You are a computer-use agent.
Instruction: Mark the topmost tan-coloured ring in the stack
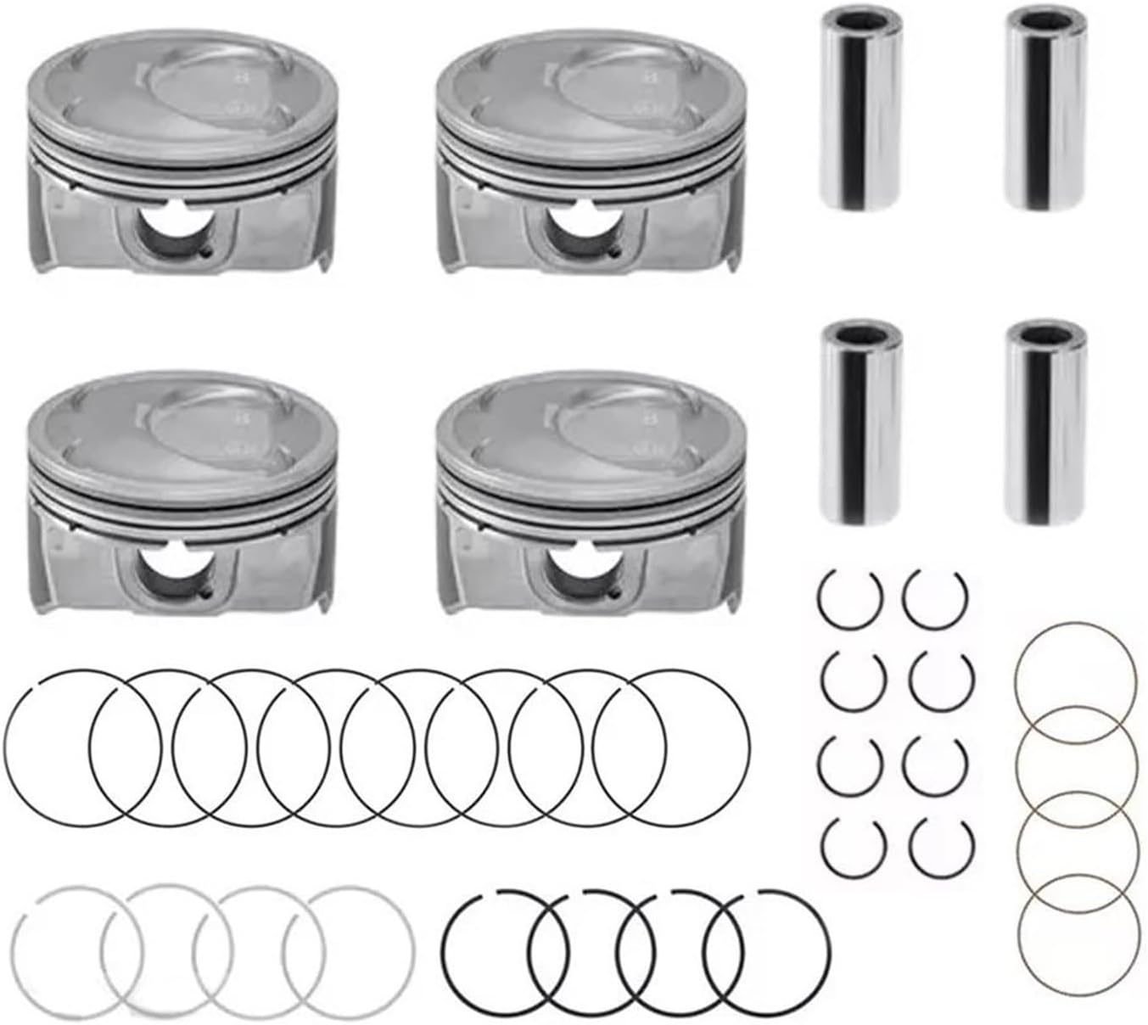pyautogui.click(x=1074, y=628)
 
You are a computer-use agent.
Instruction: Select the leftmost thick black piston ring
pyautogui.click(x=446, y=950)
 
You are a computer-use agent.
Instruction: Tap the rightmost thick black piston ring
pyautogui.click(x=830, y=950)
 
